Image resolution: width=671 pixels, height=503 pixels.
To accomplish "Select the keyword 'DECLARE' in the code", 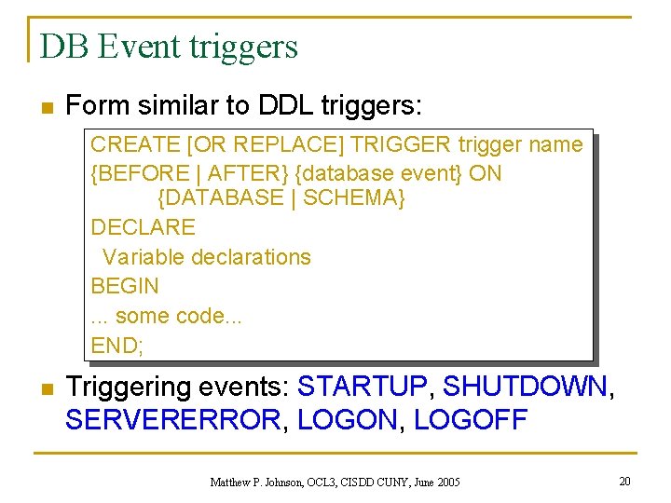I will [143, 227].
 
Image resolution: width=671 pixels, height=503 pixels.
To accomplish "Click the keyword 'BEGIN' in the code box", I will [125, 286].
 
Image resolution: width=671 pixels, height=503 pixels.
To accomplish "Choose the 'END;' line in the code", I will [117, 346].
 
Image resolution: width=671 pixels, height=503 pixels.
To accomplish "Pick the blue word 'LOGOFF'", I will [471, 420].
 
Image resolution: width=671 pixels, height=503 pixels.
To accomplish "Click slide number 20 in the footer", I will [624, 481].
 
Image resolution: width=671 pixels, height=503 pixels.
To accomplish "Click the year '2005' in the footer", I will [445, 483].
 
